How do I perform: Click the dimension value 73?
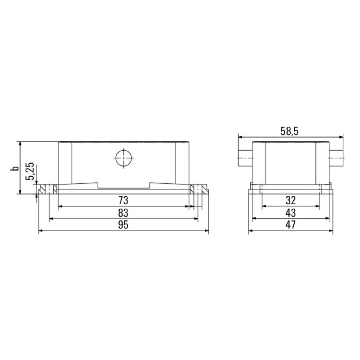tap(123, 200)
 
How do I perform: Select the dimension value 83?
tap(123, 213)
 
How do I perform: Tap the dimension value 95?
tap(123, 225)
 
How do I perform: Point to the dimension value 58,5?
tap(290, 131)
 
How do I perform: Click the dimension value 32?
tap(290, 200)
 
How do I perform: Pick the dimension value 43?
tap(290, 213)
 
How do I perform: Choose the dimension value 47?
tap(290, 225)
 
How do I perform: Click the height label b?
tap(15, 168)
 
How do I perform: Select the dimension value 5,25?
tap(30, 171)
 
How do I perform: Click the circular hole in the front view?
tap(123, 158)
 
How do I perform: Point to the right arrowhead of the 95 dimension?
tap(207, 231)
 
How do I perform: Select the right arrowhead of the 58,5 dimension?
tap(341, 137)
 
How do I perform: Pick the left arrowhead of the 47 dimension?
tap(251, 231)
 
